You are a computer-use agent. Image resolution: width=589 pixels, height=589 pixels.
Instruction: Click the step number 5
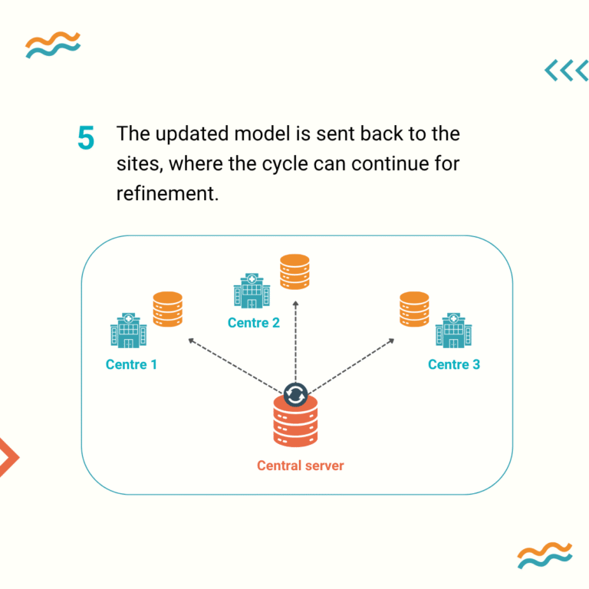86,139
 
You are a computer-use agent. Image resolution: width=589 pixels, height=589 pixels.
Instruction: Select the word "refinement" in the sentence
166,193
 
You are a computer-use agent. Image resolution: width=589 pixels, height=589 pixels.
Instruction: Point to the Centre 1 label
131,364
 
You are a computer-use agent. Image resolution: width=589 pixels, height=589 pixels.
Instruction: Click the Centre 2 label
254,323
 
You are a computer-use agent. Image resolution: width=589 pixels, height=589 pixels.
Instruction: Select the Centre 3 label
454,364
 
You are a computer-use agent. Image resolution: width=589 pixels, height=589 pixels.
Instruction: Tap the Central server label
301,466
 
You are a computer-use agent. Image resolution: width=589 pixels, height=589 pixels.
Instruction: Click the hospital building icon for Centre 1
128,331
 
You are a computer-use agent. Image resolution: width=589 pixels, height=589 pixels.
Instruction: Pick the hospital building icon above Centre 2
252,291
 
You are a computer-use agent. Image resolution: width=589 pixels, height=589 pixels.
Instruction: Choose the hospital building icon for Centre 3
454,331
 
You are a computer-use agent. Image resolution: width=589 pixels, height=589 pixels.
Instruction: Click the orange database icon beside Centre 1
168,309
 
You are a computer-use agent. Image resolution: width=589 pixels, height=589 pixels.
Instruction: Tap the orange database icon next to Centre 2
294,271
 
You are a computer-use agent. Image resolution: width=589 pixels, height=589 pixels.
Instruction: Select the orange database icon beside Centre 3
414,309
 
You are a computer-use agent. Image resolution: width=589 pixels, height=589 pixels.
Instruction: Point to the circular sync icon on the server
295,394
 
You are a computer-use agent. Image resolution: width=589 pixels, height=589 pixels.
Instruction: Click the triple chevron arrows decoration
566,71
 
